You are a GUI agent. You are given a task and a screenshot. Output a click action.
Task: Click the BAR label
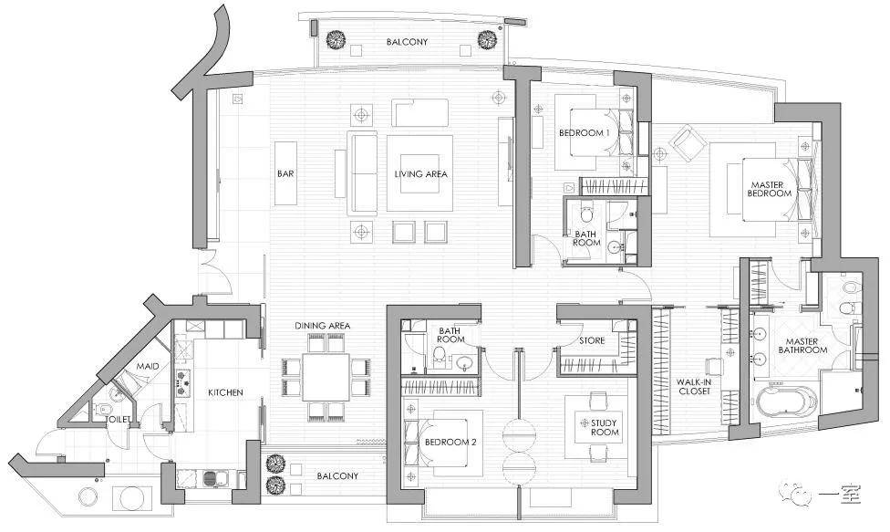coord(285,173)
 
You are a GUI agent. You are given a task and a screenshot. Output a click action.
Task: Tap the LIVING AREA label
coord(420,173)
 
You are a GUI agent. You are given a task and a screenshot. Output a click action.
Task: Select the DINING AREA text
coord(323,326)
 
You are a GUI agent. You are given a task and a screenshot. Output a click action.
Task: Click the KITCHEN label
coord(225,392)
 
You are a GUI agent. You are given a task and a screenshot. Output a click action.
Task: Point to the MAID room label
coord(148,366)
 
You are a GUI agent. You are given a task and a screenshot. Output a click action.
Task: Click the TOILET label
coord(119,420)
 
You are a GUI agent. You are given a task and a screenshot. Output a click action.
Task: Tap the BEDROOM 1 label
coord(584,133)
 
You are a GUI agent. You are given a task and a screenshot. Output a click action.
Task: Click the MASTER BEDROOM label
coord(769,189)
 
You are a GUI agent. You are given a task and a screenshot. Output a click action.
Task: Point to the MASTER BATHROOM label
coord(802,346)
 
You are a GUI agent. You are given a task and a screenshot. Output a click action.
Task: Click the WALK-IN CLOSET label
coord(694,387)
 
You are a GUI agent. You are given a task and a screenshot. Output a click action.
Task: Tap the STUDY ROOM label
coord(605,428)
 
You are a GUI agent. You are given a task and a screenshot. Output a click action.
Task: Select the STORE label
coord(592,340)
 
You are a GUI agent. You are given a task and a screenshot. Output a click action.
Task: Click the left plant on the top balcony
coord(336,40)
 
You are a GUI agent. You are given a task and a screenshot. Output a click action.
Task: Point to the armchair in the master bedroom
coord(688,142)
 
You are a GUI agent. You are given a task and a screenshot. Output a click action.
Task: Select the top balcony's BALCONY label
coord(407,42)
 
